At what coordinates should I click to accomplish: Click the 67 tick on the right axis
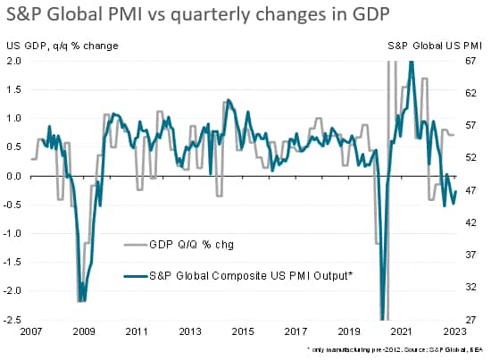[475, 61]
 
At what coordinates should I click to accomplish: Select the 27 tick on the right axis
[475, 320]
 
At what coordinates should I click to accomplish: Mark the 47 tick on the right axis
[475, 190]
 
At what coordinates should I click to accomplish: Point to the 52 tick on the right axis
[475, 158]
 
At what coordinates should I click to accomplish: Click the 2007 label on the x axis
[29, 331]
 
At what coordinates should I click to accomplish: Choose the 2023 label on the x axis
[457, 331]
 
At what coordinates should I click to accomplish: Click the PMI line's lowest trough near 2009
[81, 300]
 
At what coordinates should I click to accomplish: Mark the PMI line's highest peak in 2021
[411, 63]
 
